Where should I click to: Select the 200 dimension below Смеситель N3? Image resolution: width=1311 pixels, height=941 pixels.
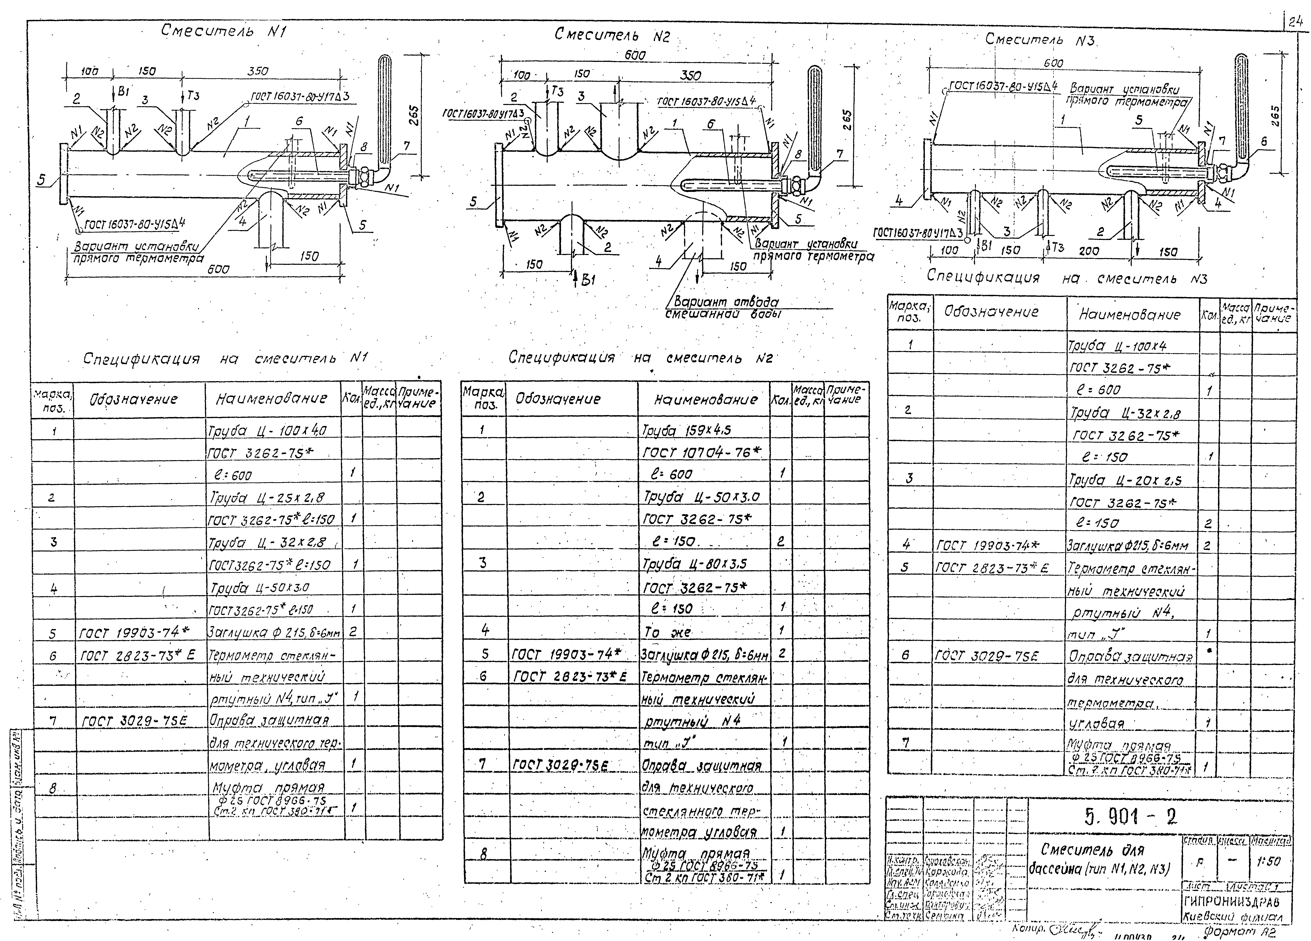(x=1089, y=251)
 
